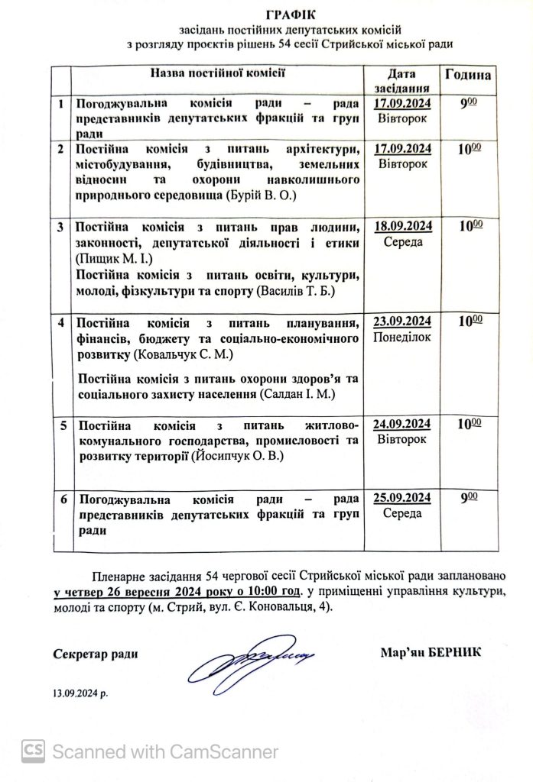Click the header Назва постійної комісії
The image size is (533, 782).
click(217, 74)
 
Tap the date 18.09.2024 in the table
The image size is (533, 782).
click(404, 225)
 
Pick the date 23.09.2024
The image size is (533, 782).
click(404, 321)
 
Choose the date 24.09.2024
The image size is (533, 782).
click(404, 425)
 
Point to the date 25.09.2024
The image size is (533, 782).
click(404, 499)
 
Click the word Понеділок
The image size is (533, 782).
click(404, 337)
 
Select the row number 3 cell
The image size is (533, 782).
click(61, 227)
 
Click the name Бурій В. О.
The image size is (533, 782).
click(263, 196)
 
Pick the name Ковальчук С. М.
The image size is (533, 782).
click(184, 356)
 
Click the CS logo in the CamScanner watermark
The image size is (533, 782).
click(32, 751)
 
